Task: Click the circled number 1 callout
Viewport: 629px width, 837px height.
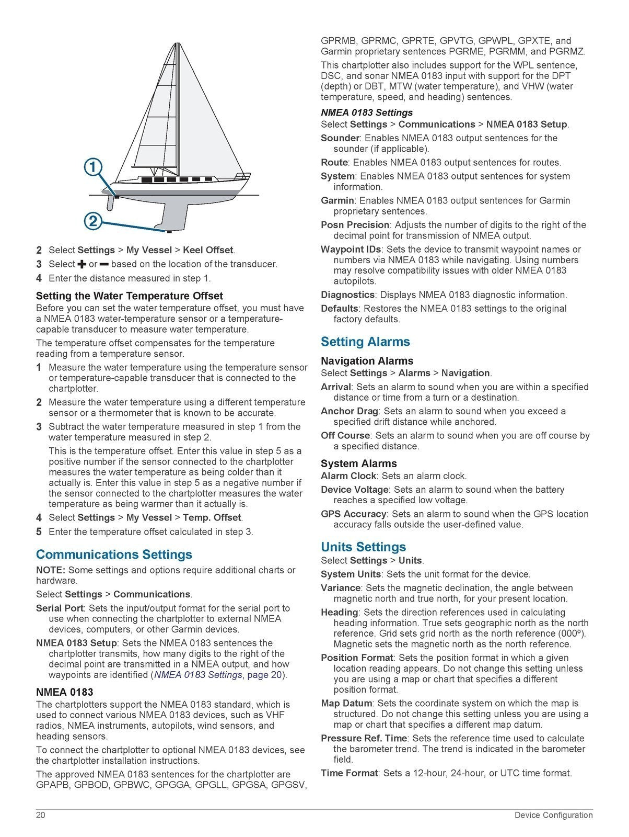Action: tap(92, 167)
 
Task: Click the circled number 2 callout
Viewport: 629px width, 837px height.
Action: tap(92, 221)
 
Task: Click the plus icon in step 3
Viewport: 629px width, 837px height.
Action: tap(81, 264)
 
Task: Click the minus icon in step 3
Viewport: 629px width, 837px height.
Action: tap(104, 264)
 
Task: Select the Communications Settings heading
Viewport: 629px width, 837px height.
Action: tap(114, 555)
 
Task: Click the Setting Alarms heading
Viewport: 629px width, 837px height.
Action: tap(365, 342)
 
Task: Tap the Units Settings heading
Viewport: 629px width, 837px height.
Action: tap(363, 547)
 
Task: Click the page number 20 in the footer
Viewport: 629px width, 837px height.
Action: tap(41, 815)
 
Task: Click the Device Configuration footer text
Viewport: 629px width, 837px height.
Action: tap(553, 815)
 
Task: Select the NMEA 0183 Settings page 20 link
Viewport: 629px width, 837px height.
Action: tap(219, 675)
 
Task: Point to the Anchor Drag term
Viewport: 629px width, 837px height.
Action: tap(349, 411)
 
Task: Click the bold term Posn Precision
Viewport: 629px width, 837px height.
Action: tap(355, 225)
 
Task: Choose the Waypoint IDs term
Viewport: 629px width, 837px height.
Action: tap(351, 250)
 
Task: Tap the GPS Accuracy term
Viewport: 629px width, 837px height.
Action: tap(353, 514)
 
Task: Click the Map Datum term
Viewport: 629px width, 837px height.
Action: tap(346, 703)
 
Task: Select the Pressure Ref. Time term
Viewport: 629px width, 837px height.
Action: tap(364, 738)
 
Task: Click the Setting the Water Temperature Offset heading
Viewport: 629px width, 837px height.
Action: tap(129, 296)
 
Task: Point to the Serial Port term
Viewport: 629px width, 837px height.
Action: tap(60, 608)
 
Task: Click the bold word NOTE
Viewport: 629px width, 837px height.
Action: tap(50, 570)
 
